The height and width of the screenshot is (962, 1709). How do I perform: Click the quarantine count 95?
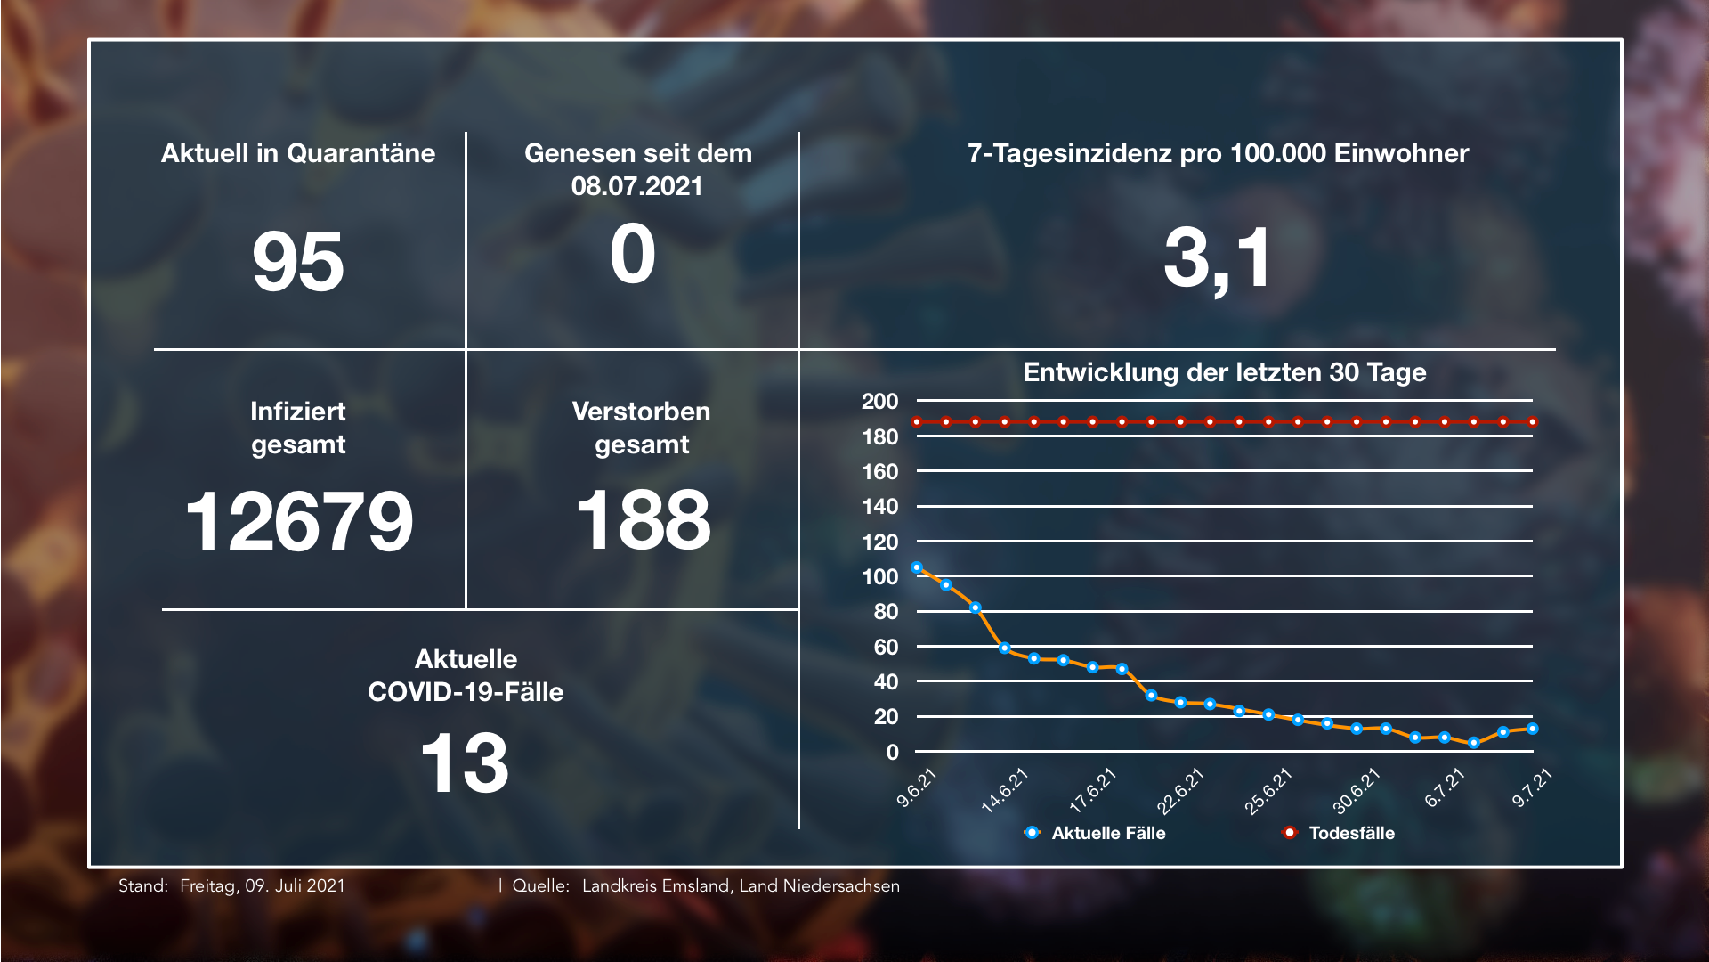pos(298,262)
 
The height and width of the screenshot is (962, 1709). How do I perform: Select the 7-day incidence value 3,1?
pos(1218,258)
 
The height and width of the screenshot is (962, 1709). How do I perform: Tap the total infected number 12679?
pos(299,522)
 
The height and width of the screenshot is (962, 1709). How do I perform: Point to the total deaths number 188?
pos(643,520)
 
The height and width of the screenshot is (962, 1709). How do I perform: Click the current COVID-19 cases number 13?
pos(465,763)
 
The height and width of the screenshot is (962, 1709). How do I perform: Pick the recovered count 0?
pos(633,255)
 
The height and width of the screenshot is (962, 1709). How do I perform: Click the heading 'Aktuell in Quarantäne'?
pos(298,153)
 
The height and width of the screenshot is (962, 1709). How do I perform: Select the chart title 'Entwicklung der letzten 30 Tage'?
pos(1224,372)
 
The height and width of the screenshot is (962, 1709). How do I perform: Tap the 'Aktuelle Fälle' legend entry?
pos(1107,833)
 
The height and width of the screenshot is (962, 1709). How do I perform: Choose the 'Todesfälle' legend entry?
pos(1350,833)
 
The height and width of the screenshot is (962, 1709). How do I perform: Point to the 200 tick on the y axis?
pos(879,402)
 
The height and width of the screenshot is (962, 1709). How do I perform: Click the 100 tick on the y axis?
pos(879,577)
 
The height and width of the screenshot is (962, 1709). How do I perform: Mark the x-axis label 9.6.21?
pos(917,788)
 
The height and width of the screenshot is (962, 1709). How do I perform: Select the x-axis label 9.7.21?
pos(1532,788)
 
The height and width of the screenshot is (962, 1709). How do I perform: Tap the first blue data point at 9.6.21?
pos(917,567)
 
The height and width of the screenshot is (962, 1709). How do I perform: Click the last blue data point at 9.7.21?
pos(1533,729)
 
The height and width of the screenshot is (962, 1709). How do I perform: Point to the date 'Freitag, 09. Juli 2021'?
pos(262,886)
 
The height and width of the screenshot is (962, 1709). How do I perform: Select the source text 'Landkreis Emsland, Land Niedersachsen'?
pos(741,886)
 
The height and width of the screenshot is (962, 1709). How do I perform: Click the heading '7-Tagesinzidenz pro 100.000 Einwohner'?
pos(1218,153)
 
